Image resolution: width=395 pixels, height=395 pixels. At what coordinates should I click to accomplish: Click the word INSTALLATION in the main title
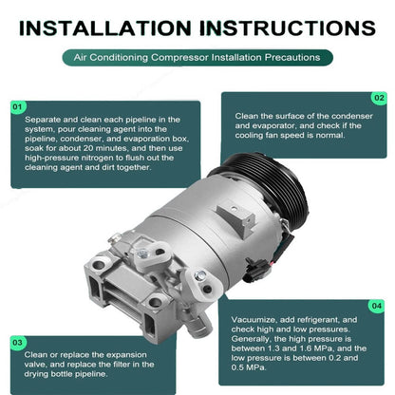click(x=104, y=28)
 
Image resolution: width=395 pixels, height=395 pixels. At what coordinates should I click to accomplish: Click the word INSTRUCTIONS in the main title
click(x=288, y=28)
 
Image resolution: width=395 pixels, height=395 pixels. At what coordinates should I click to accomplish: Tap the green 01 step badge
click(x=18, y=107)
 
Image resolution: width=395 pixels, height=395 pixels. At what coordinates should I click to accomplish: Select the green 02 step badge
click(x=379, y=98)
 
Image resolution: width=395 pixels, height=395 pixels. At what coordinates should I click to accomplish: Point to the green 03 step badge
click(x=18, y=343)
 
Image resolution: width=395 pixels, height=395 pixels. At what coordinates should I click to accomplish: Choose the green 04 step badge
click(x=376, y=306)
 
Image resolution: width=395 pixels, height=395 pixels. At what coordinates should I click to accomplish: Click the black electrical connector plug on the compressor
click(x=255, y=270)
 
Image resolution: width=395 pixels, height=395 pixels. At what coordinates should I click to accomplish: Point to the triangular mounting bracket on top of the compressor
click(x=235, y=216)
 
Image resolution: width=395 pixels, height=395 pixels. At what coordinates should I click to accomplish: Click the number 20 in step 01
click(x=88, y=148)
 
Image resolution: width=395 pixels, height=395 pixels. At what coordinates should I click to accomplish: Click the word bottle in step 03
click(x=62, y=374)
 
